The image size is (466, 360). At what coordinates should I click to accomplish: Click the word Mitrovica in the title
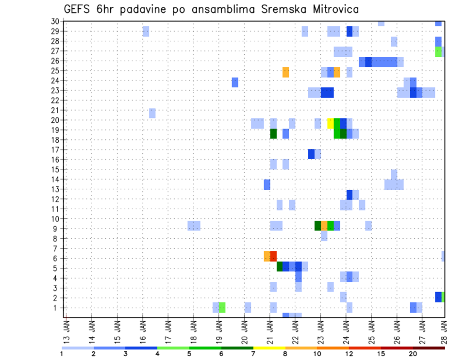coord(332,10)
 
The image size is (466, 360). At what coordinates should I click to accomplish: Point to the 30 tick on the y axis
coord(56,21)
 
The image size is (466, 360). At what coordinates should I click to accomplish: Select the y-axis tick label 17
coord(56,149)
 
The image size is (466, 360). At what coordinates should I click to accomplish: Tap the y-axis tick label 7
coord(57,248)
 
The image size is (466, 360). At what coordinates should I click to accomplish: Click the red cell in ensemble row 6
coord(273,256)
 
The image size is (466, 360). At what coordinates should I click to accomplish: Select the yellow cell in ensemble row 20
coord(331,123)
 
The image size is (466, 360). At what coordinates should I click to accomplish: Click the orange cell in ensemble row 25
coord(285,72)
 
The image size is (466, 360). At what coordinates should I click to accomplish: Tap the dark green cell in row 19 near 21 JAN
coord(273,133)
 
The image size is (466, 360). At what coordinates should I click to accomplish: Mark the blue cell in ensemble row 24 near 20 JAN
coord(235,82)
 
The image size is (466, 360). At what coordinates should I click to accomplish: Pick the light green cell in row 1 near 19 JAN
coord(222,307)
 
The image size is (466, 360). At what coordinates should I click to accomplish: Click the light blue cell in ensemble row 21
coord(152,113)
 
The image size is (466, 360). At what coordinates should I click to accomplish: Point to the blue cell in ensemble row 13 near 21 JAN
coord(267,184)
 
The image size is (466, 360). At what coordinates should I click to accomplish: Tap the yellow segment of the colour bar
coord(269,348)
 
